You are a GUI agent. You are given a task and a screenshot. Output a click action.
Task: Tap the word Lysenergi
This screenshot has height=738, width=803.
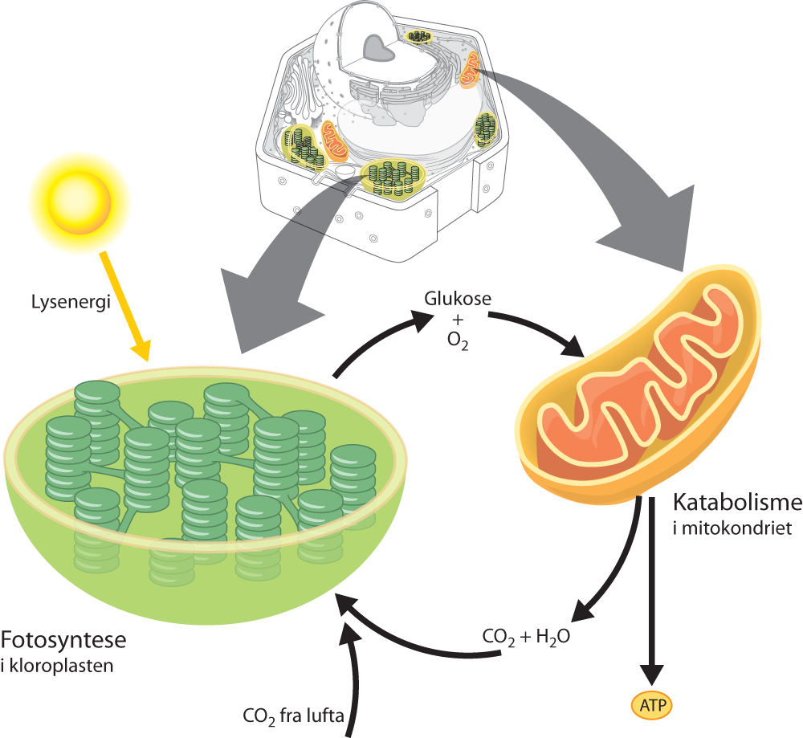[x=59, y=304]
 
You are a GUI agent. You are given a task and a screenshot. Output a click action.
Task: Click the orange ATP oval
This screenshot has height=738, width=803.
[x=650, y=706]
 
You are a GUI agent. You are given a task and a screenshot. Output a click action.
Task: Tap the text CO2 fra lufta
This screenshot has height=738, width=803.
[x=292, y=715]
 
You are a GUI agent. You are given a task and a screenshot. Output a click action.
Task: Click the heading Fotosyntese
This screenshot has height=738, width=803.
[x=63, y=642]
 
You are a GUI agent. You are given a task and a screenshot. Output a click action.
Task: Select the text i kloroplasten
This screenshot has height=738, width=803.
[x=57, y=666]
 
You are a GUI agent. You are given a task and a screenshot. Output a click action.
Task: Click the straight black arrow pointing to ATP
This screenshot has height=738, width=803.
[x=653, y=594]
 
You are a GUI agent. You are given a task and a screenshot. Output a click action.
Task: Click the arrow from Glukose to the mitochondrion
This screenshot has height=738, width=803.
[x=546, y=328]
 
